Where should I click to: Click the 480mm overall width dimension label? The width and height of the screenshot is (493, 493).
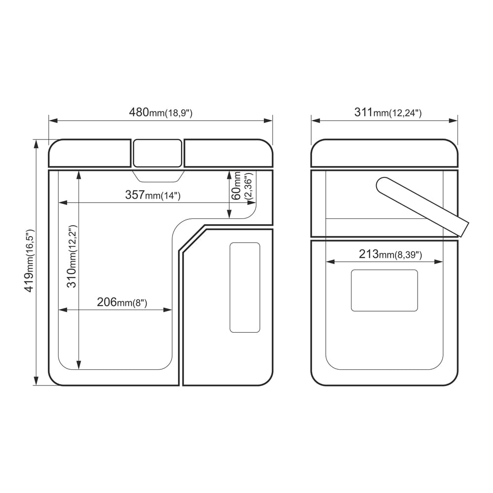[161, 112]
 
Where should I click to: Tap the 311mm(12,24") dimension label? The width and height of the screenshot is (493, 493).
[387, 112]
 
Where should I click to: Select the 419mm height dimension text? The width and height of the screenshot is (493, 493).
[30, 261]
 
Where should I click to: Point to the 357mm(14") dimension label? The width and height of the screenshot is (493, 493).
[153, 195]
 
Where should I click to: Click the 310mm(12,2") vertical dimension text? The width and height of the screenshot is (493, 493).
[72, 256]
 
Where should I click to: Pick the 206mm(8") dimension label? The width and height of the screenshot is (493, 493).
[122, 302]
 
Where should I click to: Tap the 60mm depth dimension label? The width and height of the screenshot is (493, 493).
[242, 186]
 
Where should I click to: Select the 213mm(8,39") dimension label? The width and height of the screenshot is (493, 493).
[390, 254]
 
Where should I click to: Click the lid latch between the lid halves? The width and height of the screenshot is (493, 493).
[158, 153]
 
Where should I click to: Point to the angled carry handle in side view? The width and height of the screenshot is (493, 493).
[423, 207]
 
